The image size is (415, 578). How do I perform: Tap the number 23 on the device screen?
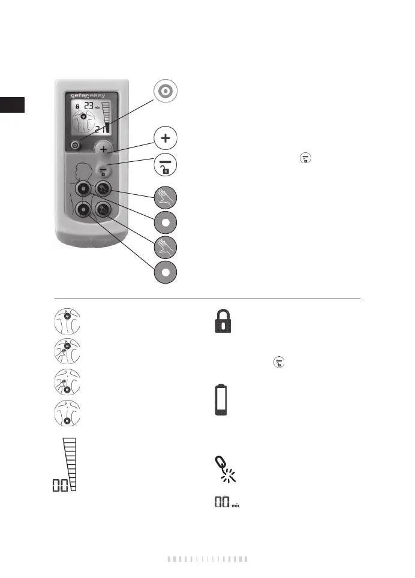point(88,107)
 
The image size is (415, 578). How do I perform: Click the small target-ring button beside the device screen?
point(74,145)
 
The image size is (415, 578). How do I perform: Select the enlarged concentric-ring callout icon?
point(165,91)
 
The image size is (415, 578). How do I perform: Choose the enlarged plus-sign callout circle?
point(165,138)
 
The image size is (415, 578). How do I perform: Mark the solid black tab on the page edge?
point(12,105)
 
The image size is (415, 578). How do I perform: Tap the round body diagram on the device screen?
point(84,123)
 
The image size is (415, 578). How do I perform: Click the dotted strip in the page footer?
point(207,559)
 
